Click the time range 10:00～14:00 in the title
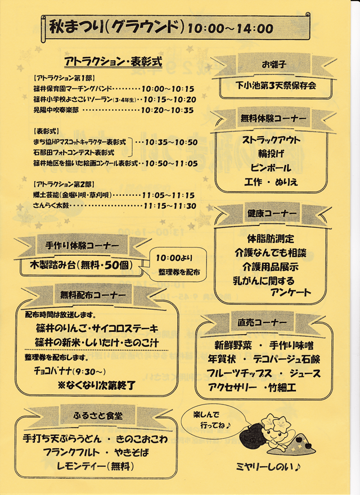[231, 28]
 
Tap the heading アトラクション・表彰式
[113, 61]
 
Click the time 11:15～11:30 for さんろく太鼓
[169, 206]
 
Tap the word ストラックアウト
[272, 140]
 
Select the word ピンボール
[272, 168]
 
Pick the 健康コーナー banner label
[272, 214]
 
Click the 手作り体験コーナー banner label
[82, 246]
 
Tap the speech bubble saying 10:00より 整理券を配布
[178, 264]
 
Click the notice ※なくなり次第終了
[96, 385]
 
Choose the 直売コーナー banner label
[259, 322]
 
